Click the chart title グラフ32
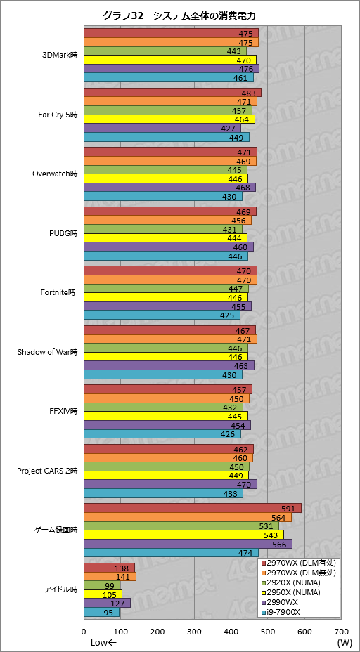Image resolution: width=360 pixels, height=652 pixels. (123, 15)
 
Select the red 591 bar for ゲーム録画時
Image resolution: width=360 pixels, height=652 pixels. (193, 509)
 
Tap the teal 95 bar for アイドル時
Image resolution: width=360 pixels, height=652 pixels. (101, 612)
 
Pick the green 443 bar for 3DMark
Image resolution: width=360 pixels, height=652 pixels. (165, 51)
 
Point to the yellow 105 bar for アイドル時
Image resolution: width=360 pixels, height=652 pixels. (103, 594)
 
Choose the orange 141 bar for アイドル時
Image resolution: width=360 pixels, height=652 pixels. (110, 576)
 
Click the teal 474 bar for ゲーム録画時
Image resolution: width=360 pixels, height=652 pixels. (171, 553)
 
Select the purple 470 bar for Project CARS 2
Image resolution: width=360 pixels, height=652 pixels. (171, 484)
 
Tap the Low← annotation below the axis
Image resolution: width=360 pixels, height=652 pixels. (104, 642)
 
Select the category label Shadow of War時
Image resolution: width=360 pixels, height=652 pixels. (47, 353)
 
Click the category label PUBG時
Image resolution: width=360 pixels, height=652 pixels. (63, 233)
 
